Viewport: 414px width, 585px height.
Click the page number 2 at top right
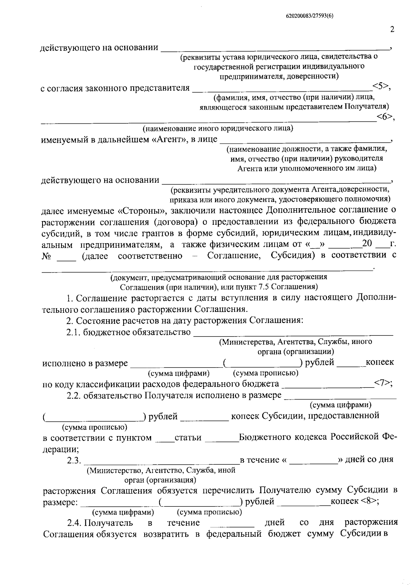(392, 30)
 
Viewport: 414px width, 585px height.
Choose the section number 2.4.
(74, 523)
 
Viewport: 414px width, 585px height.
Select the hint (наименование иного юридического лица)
(218, 129)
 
